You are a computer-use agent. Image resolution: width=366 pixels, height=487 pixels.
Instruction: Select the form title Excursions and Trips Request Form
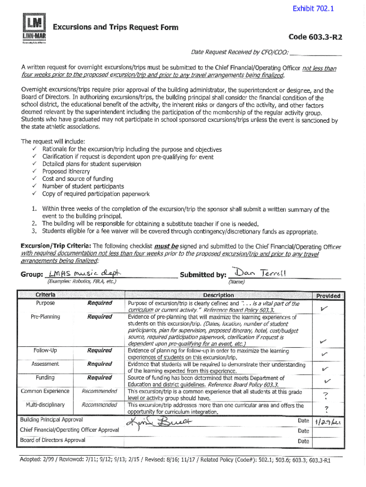[116, 27]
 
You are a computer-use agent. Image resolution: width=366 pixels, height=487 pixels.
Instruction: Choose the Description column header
[218, 295]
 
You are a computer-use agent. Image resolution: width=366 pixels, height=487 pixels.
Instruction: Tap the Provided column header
[328, 296]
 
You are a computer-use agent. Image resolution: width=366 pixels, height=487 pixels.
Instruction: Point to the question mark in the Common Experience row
[326, 395]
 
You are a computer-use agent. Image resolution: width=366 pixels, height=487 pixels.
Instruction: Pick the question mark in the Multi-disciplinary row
[327, 409]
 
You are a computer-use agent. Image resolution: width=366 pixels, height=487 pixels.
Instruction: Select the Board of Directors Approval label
[53, 440]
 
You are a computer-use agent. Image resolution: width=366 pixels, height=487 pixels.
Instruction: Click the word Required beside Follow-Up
[99, 351]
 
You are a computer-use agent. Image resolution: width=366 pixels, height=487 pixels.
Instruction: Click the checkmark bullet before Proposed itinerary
[35, 172]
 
